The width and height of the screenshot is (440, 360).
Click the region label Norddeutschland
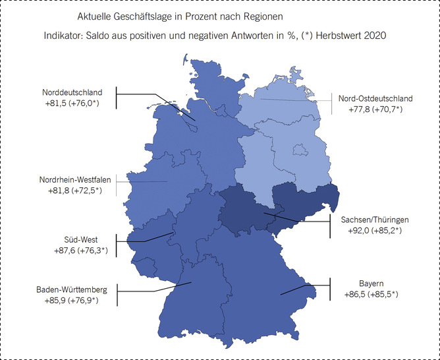click(72, 93)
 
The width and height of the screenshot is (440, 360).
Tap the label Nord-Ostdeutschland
click(375, 98)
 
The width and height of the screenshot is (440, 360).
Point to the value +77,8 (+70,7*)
click(375, 109)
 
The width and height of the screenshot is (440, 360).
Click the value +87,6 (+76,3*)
click(81, 251)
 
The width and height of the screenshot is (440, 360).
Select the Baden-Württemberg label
click(75, 290)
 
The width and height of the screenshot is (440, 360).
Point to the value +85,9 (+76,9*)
click(75, 301)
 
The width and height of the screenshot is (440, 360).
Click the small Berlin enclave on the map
click(300, 150)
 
